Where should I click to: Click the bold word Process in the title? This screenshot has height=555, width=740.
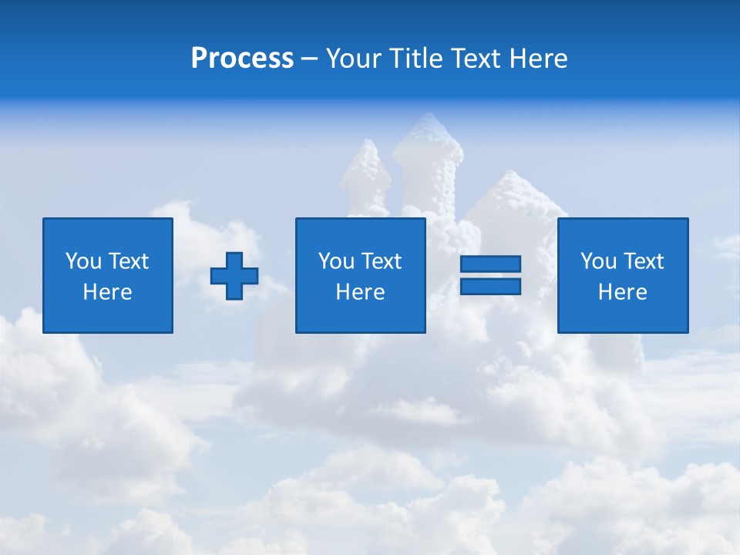click(242, 59)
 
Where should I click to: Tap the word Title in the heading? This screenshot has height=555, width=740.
click(415, 59)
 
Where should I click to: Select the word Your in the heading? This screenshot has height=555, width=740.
click(354, 59)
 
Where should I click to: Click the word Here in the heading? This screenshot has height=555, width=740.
click(538, 59)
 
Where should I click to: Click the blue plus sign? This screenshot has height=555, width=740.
click(234, 275)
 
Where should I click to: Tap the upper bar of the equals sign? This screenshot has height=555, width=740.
click(490, 264)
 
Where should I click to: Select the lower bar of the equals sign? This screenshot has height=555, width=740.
click(490, 286)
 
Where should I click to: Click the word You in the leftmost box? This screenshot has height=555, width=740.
click(84, 261)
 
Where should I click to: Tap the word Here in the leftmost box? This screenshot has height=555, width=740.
click(108, 292)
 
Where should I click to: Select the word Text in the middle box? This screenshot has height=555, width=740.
click(381, 261)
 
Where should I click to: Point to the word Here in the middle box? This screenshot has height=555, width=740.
click(361, 292)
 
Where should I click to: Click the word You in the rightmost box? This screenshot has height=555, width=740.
click(599, 261)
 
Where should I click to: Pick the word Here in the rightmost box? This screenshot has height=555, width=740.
click(623, 292)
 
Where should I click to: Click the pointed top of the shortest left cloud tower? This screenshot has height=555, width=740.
click(368, 145)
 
